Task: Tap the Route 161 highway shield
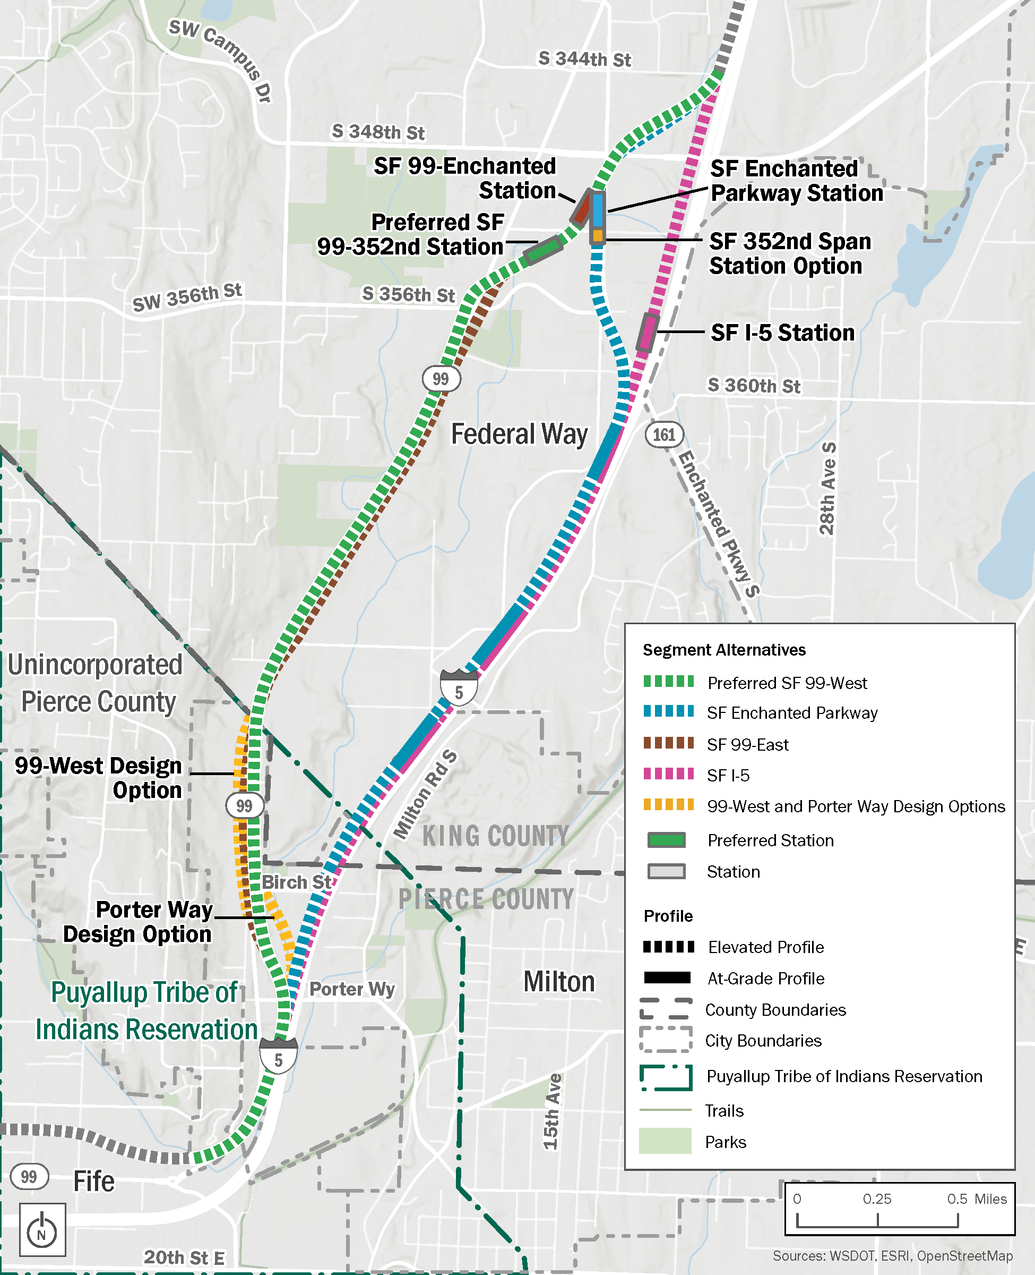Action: [x=663, y=435]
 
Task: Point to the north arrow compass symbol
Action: [x=42, y=1230]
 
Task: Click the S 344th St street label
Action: [x=584, y=59]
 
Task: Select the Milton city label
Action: [x=559, y=981]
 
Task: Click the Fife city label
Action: [x=93, y=1181]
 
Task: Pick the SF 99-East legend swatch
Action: [x=668, y=743]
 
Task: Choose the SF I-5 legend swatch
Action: [x=668, y=774]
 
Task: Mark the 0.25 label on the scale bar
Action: [x=876, y=1198]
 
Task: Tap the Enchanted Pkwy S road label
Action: [x=719, y=524]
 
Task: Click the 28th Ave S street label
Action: [x=827, y=489]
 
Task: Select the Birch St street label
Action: [x=296, y=882]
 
